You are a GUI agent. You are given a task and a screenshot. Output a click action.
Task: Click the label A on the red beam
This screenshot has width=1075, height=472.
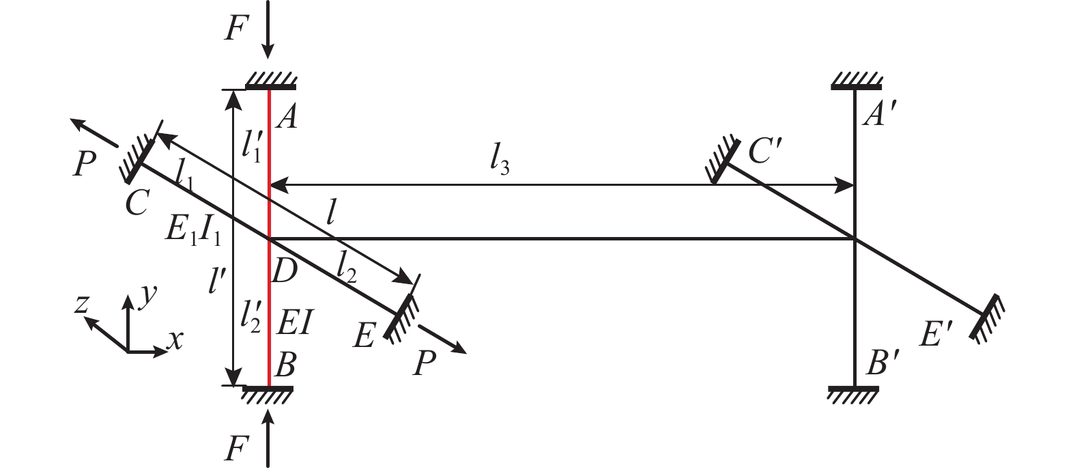tap(287, 117)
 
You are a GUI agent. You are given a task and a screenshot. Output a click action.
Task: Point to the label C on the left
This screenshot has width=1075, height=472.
tap(137, 202)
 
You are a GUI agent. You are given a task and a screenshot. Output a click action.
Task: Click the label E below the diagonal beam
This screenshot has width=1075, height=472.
tap(364, 335)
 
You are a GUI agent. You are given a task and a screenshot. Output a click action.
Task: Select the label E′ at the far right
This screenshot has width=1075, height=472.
tap(936, 334)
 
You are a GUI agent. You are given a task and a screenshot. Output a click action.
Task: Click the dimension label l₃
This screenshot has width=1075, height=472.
tap(500, 163)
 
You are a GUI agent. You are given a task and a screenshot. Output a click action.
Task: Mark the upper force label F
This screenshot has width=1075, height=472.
tap(235, 29)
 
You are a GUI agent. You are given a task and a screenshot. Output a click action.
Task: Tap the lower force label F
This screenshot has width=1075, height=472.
tap(235, 449)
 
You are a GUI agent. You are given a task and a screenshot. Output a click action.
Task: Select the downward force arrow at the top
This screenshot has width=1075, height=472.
tap(268, 30)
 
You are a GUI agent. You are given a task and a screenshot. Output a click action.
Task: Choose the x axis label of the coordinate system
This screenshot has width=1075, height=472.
tap(175, 340)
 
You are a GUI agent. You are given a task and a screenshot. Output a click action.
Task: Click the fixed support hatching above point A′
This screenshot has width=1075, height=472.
tap(856, 82)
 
